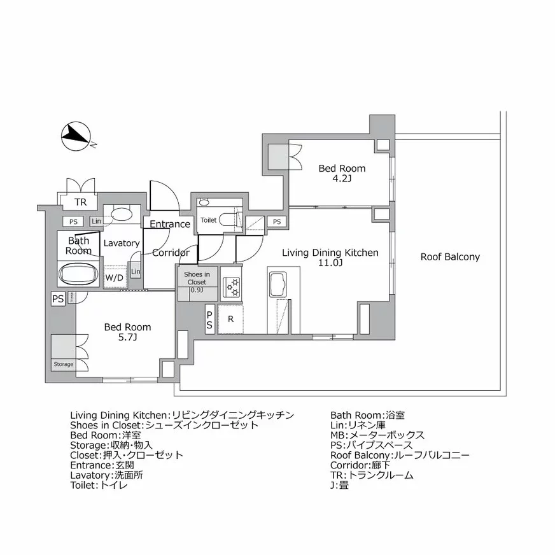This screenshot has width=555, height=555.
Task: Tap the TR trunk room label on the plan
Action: [x=80, y=202]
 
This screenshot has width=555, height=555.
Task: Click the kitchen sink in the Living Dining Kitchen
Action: [x=277, y=285]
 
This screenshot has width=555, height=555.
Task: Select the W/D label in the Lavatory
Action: [x=115, y=277]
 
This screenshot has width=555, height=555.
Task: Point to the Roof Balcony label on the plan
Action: [x=449, y=257]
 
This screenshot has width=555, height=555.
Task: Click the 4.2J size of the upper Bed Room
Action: [x=342, y=179]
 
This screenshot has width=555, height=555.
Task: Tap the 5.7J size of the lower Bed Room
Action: [x=128, y=337]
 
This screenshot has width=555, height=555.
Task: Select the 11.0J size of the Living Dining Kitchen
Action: [x=330, y=263]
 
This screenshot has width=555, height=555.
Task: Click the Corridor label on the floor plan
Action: [x=171, y=253]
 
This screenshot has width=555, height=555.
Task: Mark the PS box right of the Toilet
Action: [x=276, y=221]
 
